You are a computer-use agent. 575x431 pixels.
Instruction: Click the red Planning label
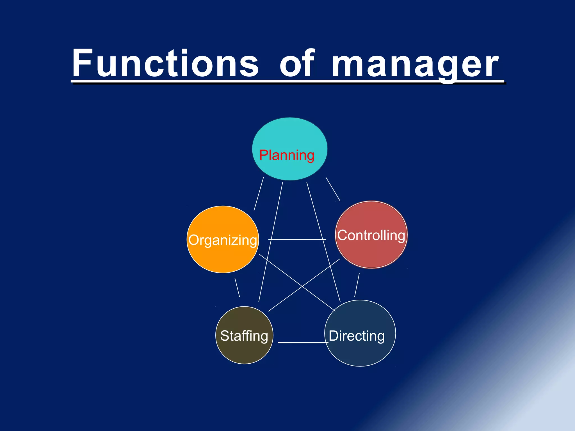point(287,155)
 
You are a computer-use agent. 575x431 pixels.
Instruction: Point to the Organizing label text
point(223,240)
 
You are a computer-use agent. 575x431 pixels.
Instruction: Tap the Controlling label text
point(371,235)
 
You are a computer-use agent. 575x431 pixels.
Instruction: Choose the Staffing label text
point(244,336)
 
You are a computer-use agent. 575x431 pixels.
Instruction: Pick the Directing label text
point(357,336)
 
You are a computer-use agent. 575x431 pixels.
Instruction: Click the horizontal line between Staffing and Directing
point(303,343)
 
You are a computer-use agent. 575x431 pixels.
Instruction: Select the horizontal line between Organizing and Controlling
point(297,239)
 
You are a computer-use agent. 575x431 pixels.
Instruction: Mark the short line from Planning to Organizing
point(259,194)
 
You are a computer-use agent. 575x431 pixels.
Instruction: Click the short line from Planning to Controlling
point(333,189)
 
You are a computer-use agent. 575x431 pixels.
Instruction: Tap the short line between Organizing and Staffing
point(237,287)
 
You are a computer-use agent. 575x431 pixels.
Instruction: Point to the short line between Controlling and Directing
point(357,285)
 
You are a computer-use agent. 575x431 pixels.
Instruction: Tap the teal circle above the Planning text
point(290,132)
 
